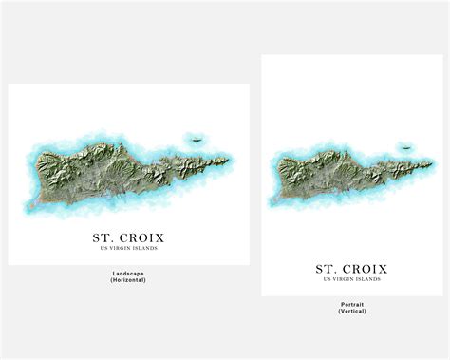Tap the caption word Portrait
(x=351, y=304)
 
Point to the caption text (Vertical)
(x=351, y=312)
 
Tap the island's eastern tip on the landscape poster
(x=227, y=159)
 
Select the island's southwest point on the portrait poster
(x=276, y=200)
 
